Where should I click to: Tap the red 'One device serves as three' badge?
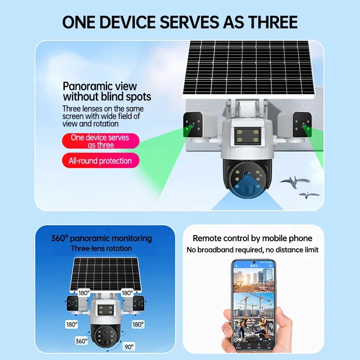[x=101, y=141]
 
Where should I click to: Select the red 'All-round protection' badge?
[x=100, y=161]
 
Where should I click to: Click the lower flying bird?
[x=310, y=195]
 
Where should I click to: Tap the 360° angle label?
[x=81, y=341]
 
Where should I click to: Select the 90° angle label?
[x=129, y=346]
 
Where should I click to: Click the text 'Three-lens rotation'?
[x=101, y=248]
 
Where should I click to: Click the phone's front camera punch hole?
[x=254, y=262]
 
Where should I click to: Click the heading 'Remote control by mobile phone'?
[x=252, y=238]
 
